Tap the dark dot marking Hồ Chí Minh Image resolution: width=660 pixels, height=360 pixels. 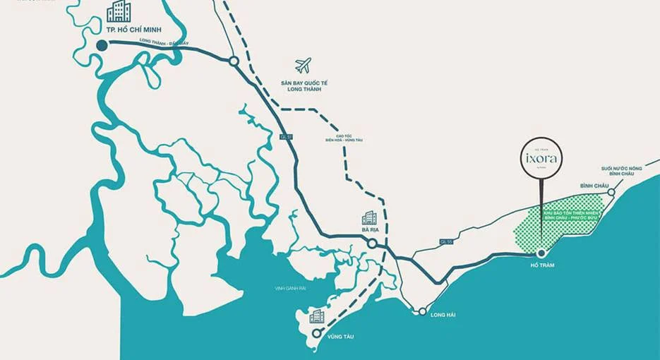pos(102,45)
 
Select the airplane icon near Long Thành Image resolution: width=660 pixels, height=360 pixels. pos(304,66)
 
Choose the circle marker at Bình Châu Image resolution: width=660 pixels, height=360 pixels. pos(611,192)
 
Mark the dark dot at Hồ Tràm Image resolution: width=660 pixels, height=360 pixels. pos(541,253)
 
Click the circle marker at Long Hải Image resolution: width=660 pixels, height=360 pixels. pos(421,311)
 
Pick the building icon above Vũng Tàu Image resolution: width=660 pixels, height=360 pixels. pos(317,316)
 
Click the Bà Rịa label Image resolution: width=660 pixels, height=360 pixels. pos(370,230)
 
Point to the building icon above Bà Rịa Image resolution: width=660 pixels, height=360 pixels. pos(370,218)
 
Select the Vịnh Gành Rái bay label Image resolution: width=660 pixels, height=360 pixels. pos(291,288)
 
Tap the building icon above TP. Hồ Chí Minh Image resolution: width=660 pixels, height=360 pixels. pos(118,12)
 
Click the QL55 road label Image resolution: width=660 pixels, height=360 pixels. pos(445,241)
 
